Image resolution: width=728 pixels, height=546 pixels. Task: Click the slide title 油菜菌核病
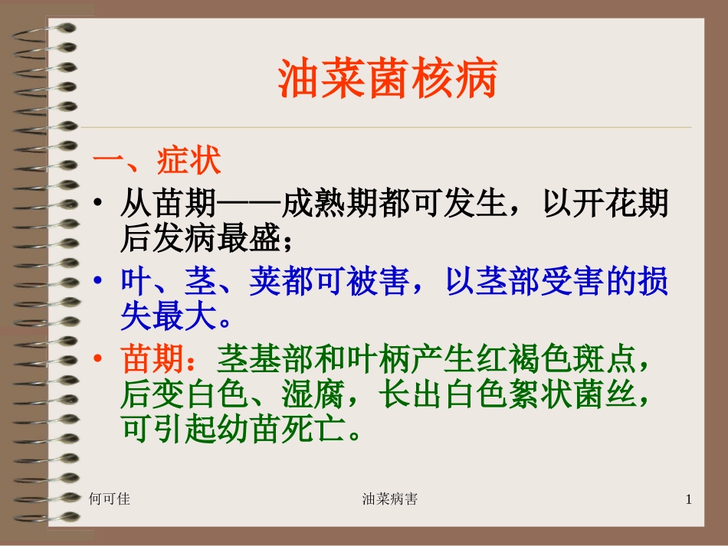point(387,79)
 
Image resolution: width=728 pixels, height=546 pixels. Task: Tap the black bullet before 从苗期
point(98,205)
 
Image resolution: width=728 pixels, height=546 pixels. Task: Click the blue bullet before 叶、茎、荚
point(98,283)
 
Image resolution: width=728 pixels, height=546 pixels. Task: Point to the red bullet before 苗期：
point(98,359)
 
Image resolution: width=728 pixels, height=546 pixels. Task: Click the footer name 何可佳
point(110,499)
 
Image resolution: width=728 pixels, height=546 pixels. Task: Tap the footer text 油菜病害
point(389,499)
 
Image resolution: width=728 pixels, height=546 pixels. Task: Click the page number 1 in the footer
point(688,500)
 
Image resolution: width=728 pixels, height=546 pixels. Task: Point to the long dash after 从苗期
point(249,205)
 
